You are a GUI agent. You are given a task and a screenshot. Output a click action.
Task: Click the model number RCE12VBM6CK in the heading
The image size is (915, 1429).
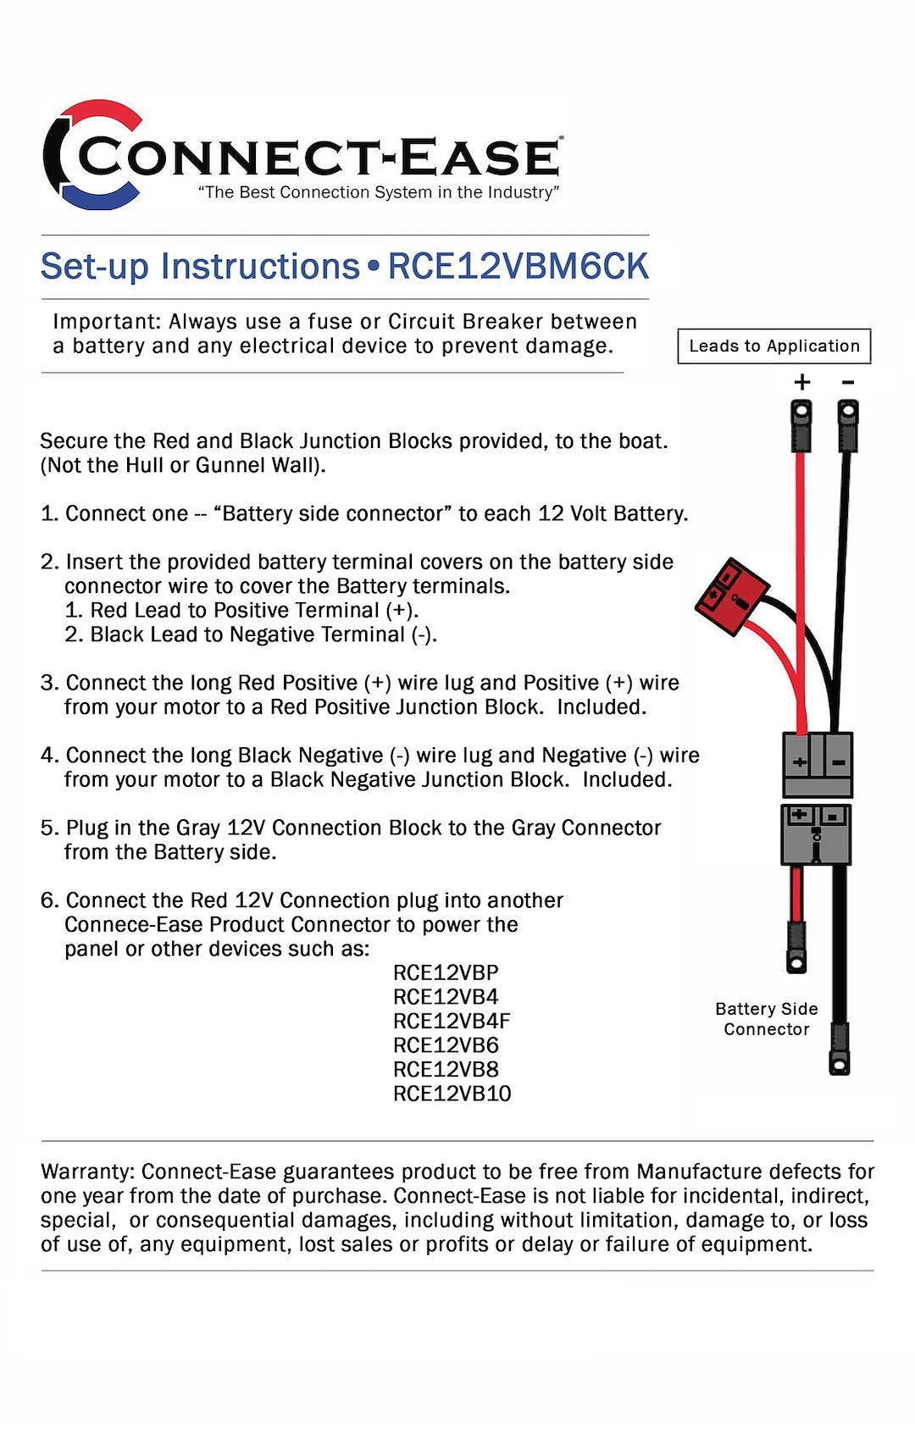pos(518,267)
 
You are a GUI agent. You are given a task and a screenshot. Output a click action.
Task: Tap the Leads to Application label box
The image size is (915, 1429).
pos(774,346)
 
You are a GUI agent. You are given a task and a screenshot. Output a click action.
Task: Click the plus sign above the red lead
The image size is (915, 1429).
pos(801,382)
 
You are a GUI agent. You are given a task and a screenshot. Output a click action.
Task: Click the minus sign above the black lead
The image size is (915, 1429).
pos(847,382)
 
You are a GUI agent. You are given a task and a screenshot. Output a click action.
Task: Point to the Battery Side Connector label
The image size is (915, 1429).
pos(766,1018)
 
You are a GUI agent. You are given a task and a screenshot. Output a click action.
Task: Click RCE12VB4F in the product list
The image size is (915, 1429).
pos(452,1021)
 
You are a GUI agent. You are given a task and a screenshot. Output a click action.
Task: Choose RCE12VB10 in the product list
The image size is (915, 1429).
pos(452,1094)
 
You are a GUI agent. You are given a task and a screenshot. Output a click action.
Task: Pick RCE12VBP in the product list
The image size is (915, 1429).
pos(446,972)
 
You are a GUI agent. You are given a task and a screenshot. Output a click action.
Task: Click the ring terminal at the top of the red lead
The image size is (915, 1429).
pos(801,416)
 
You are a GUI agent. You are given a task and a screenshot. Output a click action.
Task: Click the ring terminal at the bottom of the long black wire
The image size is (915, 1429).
pos(840,1063)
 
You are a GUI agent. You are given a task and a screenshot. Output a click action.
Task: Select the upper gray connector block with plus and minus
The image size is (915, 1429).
pos(817,763)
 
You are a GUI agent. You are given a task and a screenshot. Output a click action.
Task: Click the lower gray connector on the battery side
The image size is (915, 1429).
pos(816,834)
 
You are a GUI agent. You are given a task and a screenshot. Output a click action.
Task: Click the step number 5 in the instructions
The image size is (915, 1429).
pos(48,828)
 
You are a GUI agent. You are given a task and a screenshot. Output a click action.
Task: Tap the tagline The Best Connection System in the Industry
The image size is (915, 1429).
pos(379,192)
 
